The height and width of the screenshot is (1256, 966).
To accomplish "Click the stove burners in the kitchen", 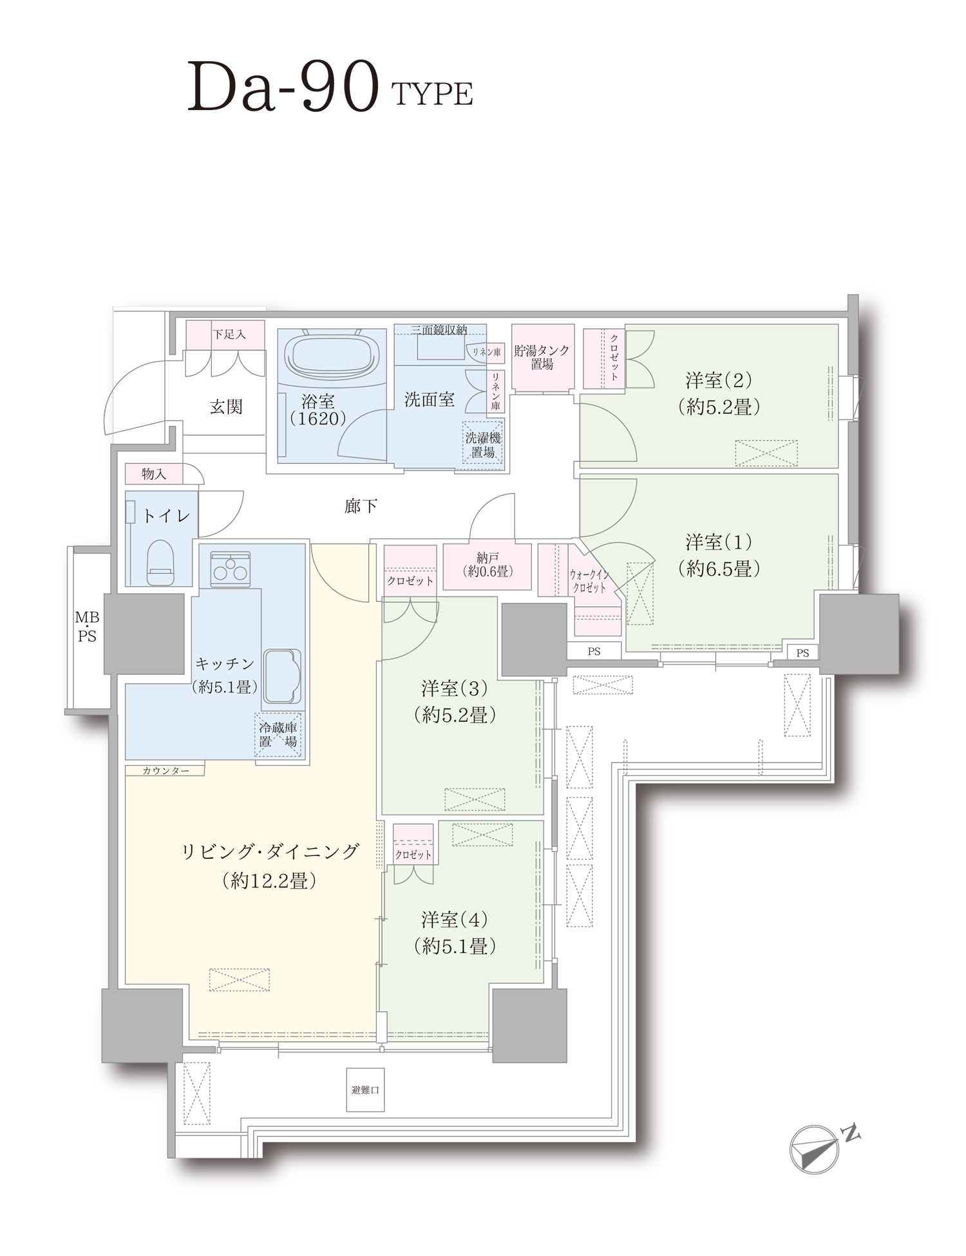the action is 231,569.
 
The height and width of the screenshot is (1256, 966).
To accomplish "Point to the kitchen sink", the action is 282,675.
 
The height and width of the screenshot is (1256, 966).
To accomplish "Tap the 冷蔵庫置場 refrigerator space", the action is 278,734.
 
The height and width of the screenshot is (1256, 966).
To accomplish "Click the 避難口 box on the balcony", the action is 365,1090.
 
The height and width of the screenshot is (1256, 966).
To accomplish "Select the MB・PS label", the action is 87,627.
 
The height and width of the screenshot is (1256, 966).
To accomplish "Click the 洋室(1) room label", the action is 719,555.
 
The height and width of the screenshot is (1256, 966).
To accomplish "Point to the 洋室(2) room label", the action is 719,393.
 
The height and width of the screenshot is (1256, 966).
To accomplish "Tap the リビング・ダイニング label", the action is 269,852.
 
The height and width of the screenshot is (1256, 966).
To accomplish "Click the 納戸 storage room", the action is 488,566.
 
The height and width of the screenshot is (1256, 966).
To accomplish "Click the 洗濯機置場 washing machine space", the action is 482,445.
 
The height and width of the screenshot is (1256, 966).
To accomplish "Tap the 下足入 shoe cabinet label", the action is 229,335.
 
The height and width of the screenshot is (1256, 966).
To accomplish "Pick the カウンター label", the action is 166,770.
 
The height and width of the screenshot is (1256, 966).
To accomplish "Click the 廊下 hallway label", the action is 361,506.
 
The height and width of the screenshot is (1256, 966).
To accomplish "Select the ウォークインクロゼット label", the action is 589,580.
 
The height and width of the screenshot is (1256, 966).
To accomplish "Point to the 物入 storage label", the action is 154,474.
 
